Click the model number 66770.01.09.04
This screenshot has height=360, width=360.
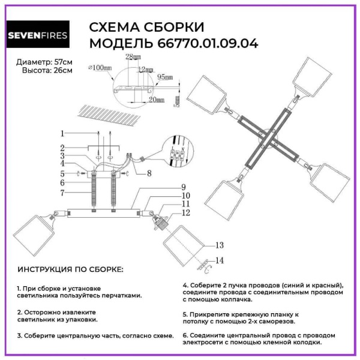208,43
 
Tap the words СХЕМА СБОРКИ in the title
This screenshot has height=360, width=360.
146,28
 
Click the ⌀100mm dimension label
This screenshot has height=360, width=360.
100,68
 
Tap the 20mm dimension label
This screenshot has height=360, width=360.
157,100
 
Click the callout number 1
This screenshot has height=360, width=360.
62,133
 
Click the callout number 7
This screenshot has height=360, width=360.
62,193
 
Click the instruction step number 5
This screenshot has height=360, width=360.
185,314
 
